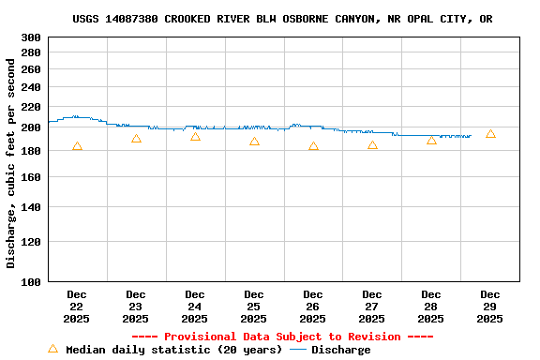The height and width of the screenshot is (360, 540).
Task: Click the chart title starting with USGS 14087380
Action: [282, 19]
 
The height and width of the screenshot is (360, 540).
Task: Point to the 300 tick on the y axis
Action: [31, 37]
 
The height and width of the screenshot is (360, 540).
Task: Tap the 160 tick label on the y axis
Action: [31, 176]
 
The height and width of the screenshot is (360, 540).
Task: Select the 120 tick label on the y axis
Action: [31, 241]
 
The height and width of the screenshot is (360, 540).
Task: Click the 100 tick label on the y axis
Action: [31, 281]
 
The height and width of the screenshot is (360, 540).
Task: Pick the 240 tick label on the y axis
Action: [31, 86]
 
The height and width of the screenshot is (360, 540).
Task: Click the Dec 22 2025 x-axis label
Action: [77, 307]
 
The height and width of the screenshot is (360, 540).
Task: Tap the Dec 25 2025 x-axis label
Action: [254, 307]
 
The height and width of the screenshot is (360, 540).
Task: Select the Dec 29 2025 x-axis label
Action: [490, 307]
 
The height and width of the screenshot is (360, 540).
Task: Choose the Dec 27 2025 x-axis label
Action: [372, 307]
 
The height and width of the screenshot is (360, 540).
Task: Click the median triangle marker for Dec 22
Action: [77, 146]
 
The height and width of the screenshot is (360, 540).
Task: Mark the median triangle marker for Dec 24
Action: [195, 137]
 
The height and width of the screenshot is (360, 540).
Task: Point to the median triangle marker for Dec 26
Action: [313, 146]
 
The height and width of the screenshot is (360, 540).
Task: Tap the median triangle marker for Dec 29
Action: [490, 134]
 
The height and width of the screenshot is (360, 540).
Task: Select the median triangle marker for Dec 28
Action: [431, 140]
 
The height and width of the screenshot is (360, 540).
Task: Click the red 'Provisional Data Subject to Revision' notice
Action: [282, 337]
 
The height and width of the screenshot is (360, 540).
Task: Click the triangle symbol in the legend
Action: [52, 349]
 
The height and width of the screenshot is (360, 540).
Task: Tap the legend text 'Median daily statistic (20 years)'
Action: [173, 350]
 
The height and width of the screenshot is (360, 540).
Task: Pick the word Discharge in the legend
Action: [340, 350]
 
